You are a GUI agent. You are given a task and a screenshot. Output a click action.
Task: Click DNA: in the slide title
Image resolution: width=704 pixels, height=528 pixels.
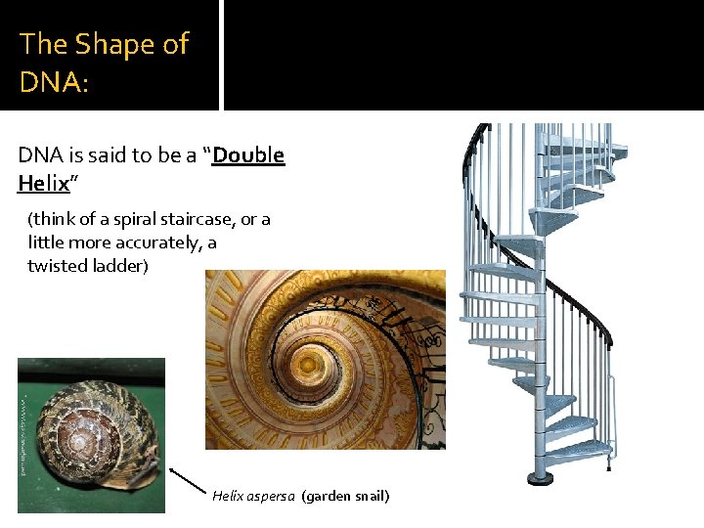54,81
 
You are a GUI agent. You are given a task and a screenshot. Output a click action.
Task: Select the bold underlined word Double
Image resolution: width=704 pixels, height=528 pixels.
248,155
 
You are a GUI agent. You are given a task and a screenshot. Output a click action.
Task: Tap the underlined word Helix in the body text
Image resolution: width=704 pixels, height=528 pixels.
43,183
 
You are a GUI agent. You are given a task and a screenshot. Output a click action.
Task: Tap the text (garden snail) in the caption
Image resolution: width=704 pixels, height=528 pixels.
346,496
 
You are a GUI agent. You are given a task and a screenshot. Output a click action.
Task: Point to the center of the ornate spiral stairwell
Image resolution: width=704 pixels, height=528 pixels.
310,364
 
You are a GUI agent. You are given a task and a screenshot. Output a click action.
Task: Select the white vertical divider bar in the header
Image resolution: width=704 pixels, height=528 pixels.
221,55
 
